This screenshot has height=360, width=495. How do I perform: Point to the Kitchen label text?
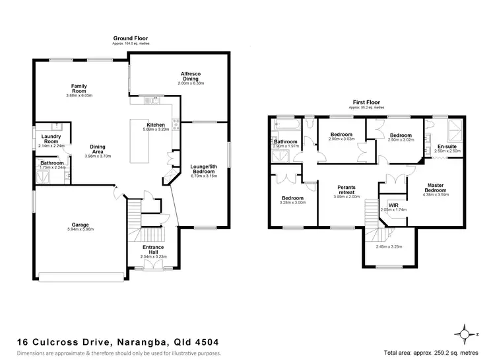click(156, 125)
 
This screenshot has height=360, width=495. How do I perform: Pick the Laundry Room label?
click(51, 139)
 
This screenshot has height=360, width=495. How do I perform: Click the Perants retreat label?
click(346, 189)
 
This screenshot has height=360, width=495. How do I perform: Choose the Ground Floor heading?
click(129, 38)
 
